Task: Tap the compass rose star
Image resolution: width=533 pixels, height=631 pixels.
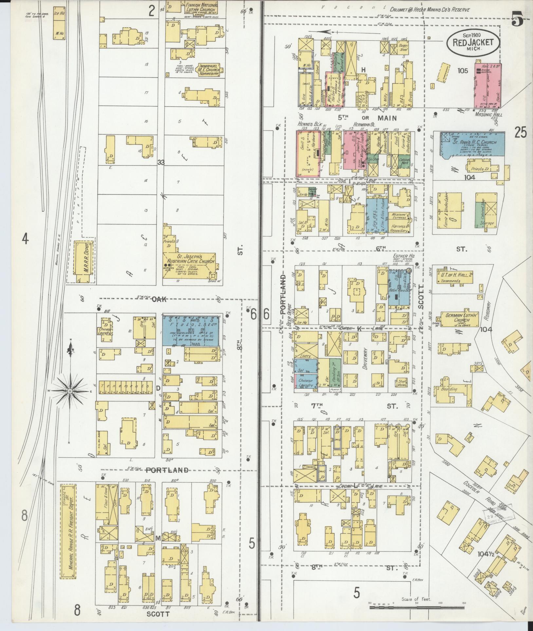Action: coord(70,391)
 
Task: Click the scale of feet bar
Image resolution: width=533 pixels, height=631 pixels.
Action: coord(415,607)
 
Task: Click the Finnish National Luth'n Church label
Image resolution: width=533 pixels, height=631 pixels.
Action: coord(200,8)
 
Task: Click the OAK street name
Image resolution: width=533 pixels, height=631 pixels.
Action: coord(159,299)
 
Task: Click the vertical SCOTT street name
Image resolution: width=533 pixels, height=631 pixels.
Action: coord(421,296)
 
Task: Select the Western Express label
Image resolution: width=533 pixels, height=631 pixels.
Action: coord(399,215)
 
